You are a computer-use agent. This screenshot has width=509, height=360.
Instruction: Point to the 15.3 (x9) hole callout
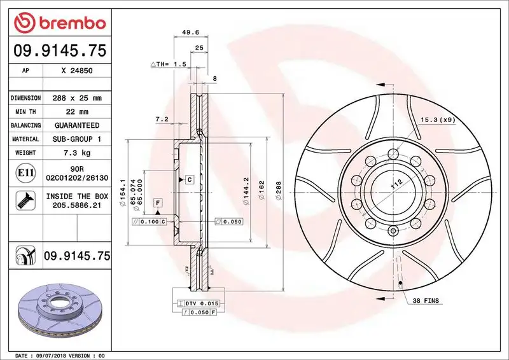[437, 120]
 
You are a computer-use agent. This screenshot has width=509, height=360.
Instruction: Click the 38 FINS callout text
[426, 300]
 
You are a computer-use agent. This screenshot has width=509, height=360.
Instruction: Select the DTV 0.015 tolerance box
[202, 303]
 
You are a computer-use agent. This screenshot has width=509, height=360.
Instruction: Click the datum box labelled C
[190, 180]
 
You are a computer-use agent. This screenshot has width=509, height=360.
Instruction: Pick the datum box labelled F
[157, 202]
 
